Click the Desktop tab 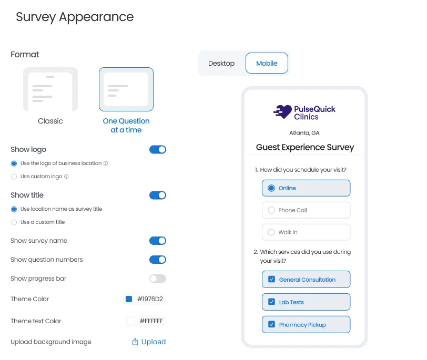221,64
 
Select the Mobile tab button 267,64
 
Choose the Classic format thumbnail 50,89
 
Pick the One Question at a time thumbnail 126,89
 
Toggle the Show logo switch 158,150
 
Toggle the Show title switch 158,196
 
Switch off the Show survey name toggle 158,241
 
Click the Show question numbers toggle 158,260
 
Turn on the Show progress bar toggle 158,279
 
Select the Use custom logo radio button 14,177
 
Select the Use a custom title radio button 14,222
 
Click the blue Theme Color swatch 129,299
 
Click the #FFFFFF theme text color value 151,321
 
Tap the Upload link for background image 149,342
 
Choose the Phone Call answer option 306,210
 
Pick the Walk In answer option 306,232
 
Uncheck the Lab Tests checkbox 272,302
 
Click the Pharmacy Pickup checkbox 272,325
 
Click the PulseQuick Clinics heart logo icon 283,112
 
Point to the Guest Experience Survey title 305,148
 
